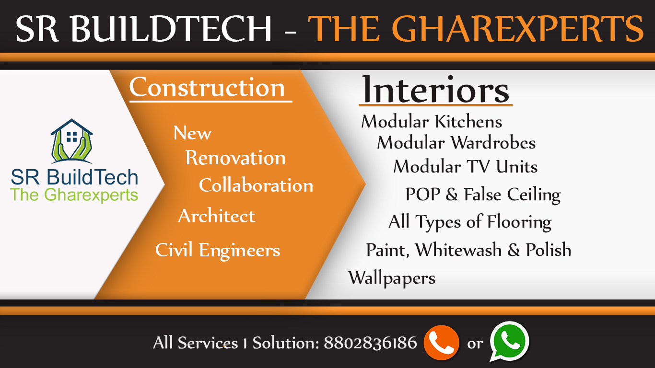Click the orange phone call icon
[441, 343]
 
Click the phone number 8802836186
[370, 343]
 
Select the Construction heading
[207, 87]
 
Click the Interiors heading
[435, 89]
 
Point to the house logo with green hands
[71, 141]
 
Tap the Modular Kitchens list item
[432, 121]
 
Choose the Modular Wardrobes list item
[456, 143]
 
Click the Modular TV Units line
[466, 167]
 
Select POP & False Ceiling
[483, 195]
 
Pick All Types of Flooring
[470, 222]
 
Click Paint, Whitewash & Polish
[468, 250]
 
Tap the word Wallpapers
[392, 278]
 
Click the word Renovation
[235, 158]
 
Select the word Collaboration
[256, 185]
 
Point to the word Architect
[217, 216]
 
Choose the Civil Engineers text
[218, 250]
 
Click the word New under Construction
[192, 133]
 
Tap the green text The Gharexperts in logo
[74, 195]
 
